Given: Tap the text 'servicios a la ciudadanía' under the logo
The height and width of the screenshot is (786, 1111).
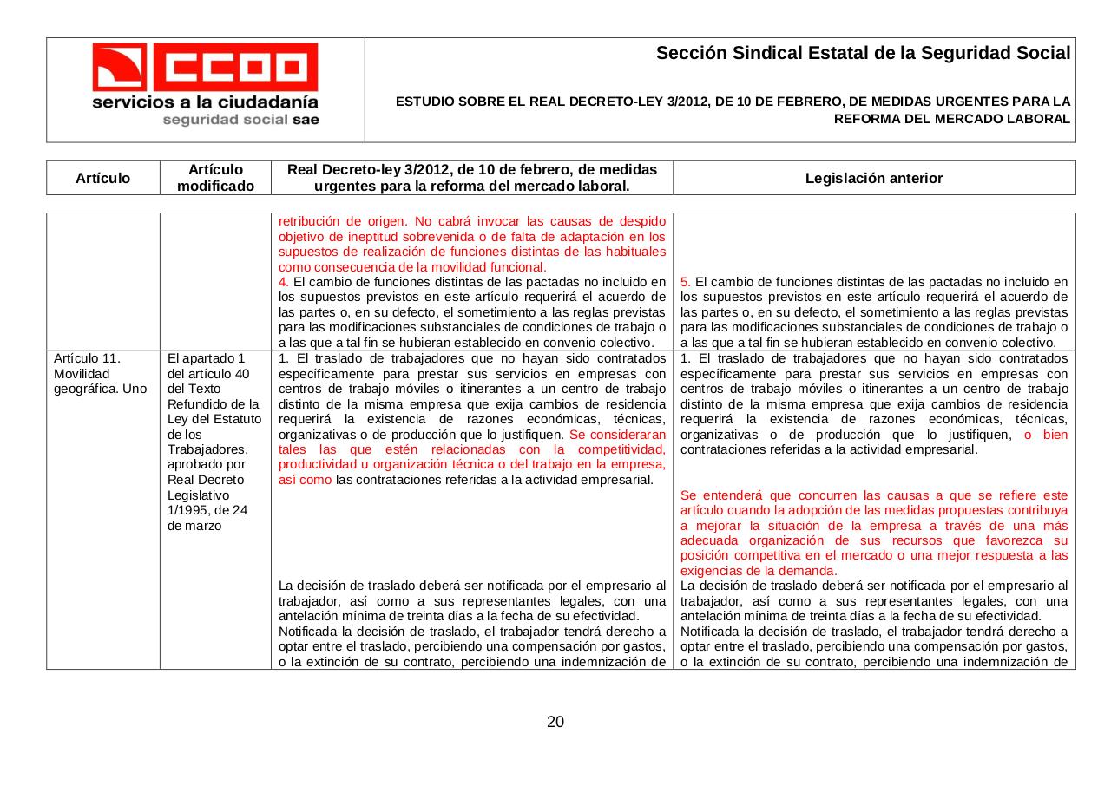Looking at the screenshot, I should (206, 102).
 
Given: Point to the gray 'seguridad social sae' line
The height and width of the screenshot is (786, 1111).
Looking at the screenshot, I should (240, 120).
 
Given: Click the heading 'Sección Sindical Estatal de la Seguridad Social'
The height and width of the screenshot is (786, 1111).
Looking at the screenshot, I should (863, 53).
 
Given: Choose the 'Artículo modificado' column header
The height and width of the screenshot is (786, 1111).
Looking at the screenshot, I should (215, 178).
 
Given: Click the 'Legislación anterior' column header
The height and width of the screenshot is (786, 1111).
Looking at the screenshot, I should (873, 178).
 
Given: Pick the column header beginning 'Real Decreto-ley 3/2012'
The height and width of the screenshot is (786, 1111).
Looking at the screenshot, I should (471, 178).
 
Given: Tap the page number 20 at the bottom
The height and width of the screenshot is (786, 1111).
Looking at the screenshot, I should (555, 722).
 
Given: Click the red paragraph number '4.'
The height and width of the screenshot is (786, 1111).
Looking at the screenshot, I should (284, 282).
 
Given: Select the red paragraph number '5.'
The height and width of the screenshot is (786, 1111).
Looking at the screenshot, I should (686, 282).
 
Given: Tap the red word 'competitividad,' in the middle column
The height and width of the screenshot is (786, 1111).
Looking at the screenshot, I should (622, 449).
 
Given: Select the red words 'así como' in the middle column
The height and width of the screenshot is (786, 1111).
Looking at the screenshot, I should (305, 480).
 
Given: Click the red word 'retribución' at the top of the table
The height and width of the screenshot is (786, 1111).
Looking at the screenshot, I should (309, 220).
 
